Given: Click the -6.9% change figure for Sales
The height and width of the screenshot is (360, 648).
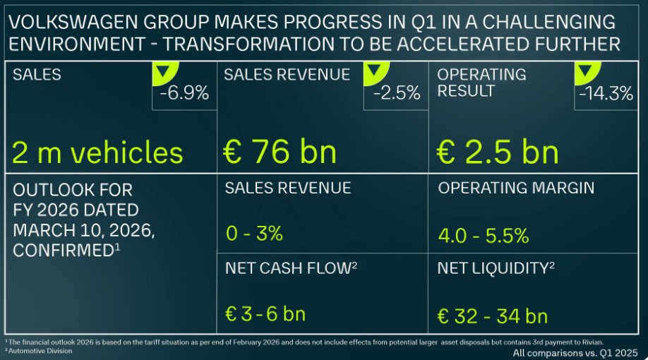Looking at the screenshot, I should coord(186,93).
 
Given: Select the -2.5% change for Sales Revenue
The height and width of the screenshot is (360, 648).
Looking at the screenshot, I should coord(397,93).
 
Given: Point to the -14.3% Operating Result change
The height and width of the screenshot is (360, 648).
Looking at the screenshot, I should coord(606,93).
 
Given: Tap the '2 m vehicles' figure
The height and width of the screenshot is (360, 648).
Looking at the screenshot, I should coord(98,152).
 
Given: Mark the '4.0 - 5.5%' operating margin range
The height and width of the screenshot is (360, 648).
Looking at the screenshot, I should coord(484,235).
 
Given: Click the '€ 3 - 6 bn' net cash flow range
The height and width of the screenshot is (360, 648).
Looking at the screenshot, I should coord(265,315).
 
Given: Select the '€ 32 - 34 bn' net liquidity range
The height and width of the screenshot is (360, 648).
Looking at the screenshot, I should coord(493,315).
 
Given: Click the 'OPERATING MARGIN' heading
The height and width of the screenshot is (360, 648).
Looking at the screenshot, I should coord(516,188).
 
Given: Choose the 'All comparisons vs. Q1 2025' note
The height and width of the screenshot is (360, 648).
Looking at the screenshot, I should coord(575,352).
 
